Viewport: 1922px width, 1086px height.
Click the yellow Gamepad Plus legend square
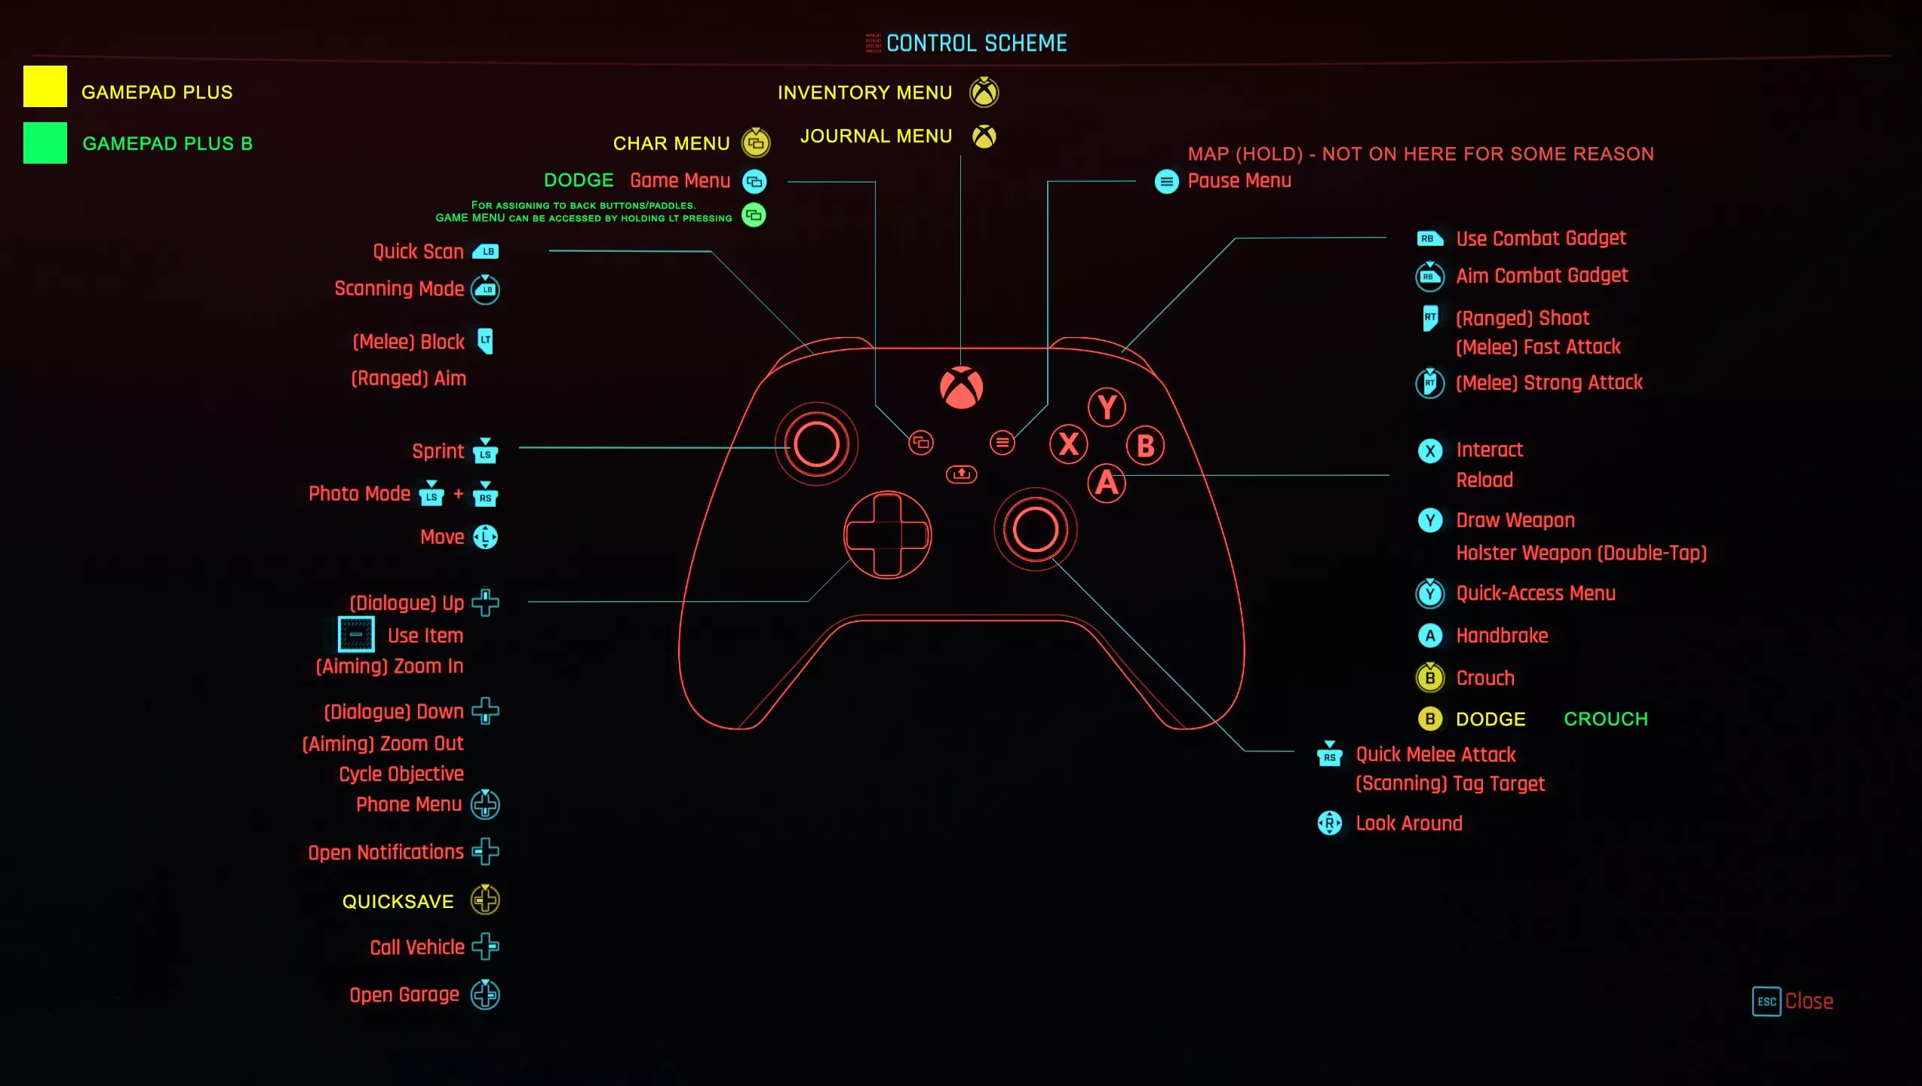[45, 86]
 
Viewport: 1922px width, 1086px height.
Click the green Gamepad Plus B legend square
[45, 143]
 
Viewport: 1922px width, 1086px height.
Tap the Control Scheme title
[976, 43]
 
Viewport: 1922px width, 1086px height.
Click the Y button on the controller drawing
[1107, 407]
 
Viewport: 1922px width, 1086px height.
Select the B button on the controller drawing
[1145, 446]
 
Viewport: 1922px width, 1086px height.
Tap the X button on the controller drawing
[1068, 444]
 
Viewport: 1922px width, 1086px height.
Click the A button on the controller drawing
[1107, 483]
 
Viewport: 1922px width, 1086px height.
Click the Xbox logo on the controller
[961, 388]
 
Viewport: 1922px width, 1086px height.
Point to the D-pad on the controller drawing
[887, 535]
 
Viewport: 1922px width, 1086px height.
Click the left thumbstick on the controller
[816, 443]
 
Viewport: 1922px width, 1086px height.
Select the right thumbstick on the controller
[1035, 529]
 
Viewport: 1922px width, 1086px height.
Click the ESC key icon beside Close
[1767, 1002]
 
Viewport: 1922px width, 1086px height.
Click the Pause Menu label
[1239, 181]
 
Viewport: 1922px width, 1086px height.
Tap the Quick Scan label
[418, 251]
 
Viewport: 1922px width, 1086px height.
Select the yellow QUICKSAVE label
[398, 901]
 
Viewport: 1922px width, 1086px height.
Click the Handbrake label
[1502, 636]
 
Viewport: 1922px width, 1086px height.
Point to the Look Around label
[1409, 823]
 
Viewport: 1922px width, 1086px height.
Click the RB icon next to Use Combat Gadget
[1429, 238]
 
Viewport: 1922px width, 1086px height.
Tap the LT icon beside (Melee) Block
[486, 341]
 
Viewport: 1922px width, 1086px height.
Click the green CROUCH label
[1606, 719]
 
